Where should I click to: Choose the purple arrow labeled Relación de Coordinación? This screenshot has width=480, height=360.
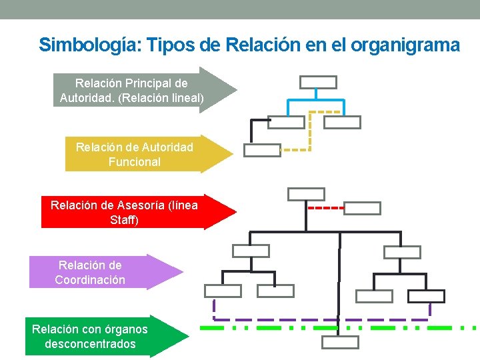[x=100, y=272]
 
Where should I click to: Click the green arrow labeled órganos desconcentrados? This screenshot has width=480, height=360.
[x=100, y=336]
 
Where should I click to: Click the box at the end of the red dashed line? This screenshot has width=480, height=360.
[x=363, y=208]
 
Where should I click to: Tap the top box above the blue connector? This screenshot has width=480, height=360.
[x=318, y=82]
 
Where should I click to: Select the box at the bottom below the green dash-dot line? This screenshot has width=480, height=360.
[x=340, y=342]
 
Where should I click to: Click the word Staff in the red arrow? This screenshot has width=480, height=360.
[x=123, y=219]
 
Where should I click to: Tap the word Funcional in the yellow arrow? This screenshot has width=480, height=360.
[x=134, y=161]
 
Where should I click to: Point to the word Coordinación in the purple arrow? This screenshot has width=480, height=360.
[x=90, y=280]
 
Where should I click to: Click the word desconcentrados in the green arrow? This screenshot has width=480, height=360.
[x=90, y=344]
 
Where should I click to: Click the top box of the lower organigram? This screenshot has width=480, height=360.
[x=306, y=194]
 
